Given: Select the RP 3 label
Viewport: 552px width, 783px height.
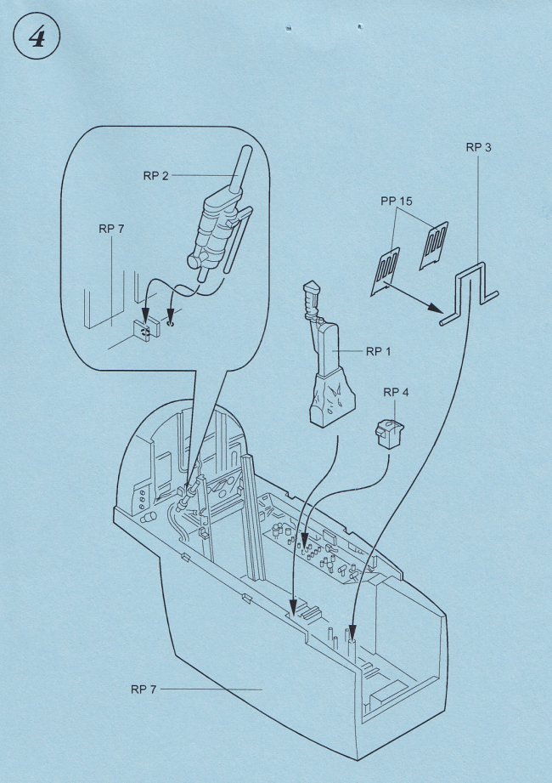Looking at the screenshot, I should tap(478, 147).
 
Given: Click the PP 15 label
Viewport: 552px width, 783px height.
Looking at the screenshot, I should tap(397, 201).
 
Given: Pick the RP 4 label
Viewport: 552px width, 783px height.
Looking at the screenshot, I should tap(396, 392).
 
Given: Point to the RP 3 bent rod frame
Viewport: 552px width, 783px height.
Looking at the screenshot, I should tap(469, 293).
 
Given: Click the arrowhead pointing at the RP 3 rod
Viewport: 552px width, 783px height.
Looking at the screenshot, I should tap(438, 307).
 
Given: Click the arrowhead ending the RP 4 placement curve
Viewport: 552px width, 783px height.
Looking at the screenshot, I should tap(305, 542).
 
